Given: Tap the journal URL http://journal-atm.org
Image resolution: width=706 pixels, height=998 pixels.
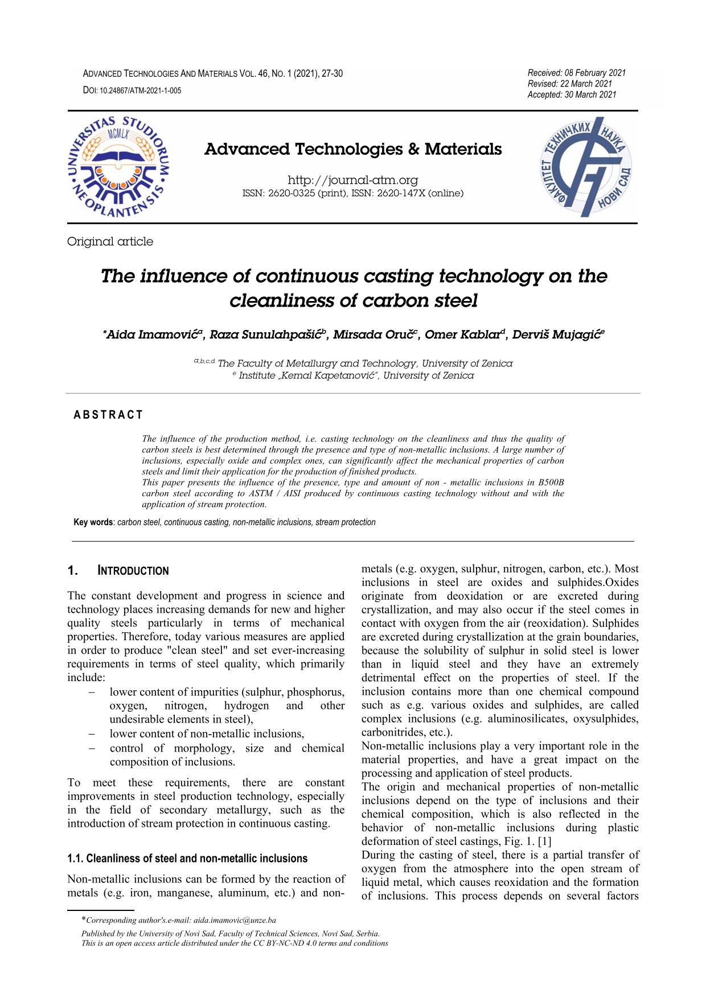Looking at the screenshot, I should [x=353, y=180].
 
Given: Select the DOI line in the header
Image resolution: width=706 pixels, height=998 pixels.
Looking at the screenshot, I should [x=132, y=90].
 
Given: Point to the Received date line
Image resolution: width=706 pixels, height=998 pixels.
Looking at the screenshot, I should [x=577, y=73].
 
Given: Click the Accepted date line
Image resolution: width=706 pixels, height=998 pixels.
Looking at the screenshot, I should [x=572, y=94].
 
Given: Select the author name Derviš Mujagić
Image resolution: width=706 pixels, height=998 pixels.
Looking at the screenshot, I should [x=557, y=335].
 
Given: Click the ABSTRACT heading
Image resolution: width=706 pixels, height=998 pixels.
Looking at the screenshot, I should [x=108, y=415].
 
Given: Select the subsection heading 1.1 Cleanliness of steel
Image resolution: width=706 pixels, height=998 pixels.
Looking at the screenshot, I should [x=187, y=859].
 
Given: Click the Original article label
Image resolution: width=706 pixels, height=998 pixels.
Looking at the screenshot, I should [x=110, y=242].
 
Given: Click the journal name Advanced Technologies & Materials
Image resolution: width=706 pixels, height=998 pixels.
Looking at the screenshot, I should [x=353, y=150].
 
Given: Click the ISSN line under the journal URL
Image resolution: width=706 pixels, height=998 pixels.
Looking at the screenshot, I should [x=353, y=193].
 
